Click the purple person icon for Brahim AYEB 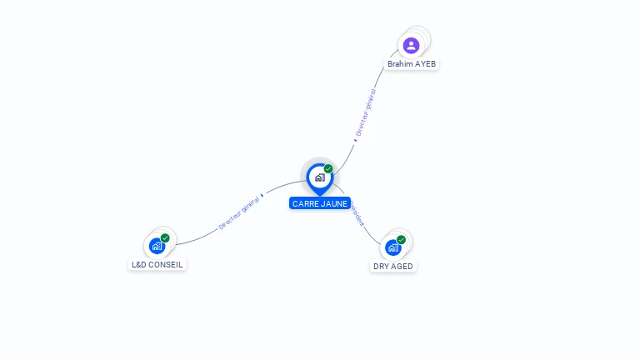tap(410, 45)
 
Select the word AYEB tap(425, 64)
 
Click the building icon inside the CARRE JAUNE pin tap(319, 177)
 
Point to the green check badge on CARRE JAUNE tap(328, 169)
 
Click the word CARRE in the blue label tap(307, 203)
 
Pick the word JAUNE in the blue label tap(334, 203)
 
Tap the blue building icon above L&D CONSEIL tap(157, 246)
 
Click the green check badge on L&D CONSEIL tap(165, 238)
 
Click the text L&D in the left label tap(139, 265)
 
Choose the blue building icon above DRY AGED tap(392, 247)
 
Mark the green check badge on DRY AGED tap(401, 240)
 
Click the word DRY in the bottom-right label tap(382, 267)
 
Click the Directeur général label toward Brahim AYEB tap(366, 112)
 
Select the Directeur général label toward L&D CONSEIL tap(238, 213)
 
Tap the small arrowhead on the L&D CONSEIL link tap(262, 196)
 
